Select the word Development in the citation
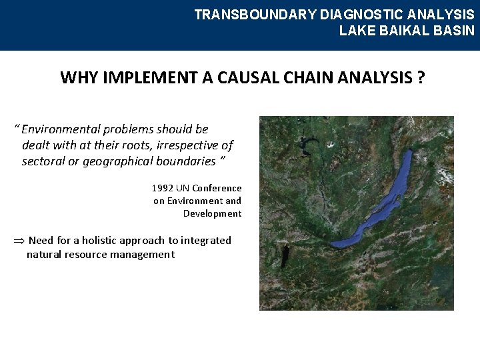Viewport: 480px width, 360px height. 212,213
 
